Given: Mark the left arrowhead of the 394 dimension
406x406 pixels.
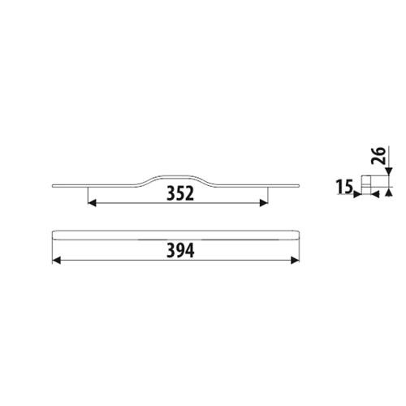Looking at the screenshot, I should (56, 261).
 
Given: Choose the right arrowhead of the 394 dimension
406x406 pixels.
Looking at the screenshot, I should (294, 261).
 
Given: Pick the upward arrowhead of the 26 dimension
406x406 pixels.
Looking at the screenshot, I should (388, 192).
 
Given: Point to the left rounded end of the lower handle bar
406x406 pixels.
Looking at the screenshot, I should (54, 235).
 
